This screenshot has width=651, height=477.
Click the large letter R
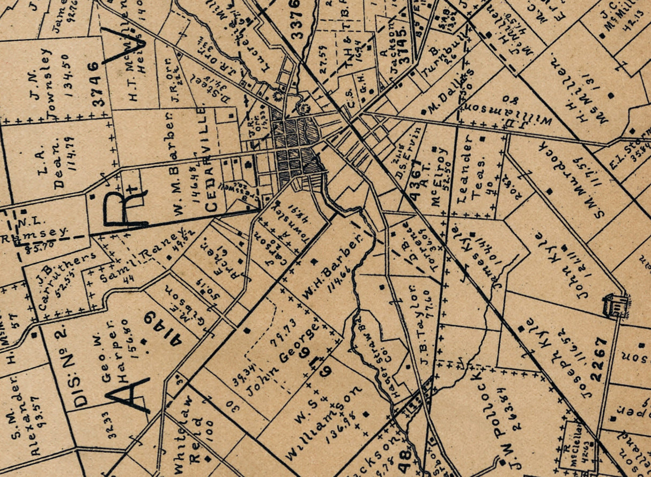coord(123,207)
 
